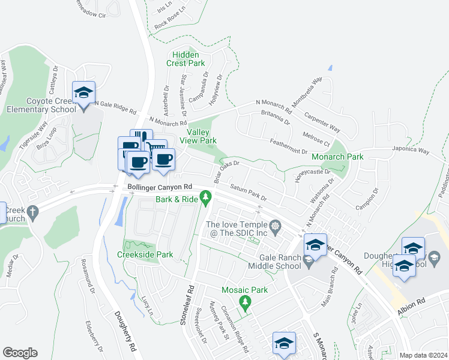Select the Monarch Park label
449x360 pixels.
[x=338, y=157]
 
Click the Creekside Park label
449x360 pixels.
[x=149, y=254]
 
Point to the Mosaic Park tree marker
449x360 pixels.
[x=244, y=301]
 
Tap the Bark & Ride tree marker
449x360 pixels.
[x=206, y=196]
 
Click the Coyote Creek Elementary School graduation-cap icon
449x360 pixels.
[x=83, y=93]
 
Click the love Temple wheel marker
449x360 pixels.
[x=276, y=226]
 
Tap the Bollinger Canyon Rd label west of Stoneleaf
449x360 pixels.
[x=159, y=188]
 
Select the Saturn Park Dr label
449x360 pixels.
[x=247, y=193]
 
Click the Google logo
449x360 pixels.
[x=20, y=353]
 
